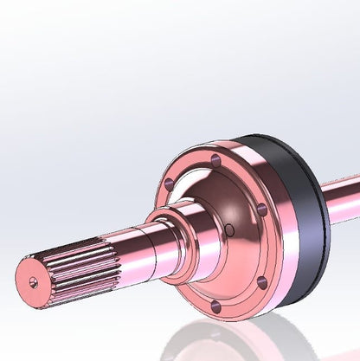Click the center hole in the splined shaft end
pos(33,280)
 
